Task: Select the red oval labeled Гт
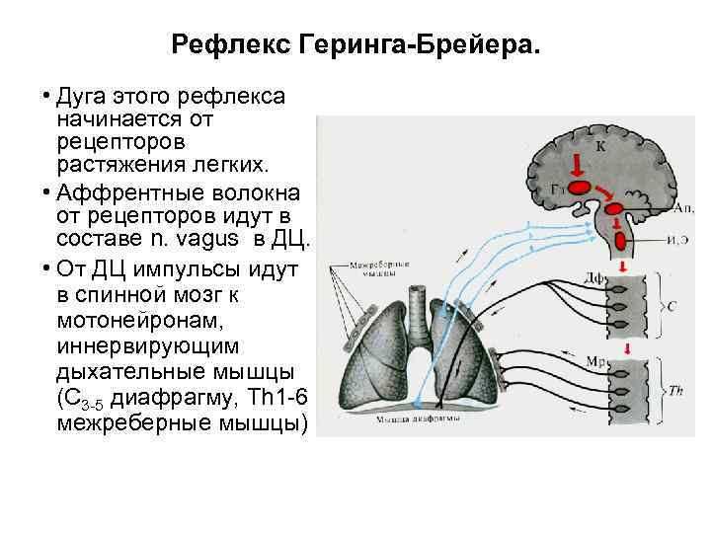pyautogui.click(x=579, y=187)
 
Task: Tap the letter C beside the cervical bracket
pyautogui.click(x=671, y=307)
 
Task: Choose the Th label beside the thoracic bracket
pyautogui.click(x=675, y=391)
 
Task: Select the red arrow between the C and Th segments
pyautogui.click(x=626, y=346)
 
